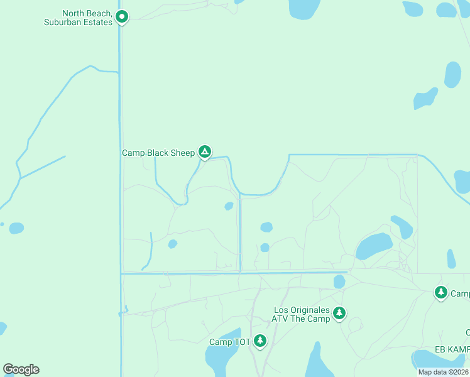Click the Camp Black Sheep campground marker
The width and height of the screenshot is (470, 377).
point(204,152)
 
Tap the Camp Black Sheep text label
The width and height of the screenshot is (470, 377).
point(158,153)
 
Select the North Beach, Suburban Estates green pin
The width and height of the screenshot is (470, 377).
point(123,17)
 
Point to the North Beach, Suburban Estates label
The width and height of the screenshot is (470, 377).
point(79,18)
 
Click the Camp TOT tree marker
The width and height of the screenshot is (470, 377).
point(260,341)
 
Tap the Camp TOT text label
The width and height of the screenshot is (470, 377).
point(229,342)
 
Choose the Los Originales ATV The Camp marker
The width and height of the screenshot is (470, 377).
point(339,312)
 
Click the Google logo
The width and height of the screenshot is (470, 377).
point(21,369)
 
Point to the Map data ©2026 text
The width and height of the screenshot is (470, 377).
point(442,372)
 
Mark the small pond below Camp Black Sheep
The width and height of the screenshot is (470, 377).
point(229,206)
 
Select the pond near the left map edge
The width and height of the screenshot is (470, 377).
point(16,227)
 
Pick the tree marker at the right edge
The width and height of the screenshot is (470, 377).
point(441,293)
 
